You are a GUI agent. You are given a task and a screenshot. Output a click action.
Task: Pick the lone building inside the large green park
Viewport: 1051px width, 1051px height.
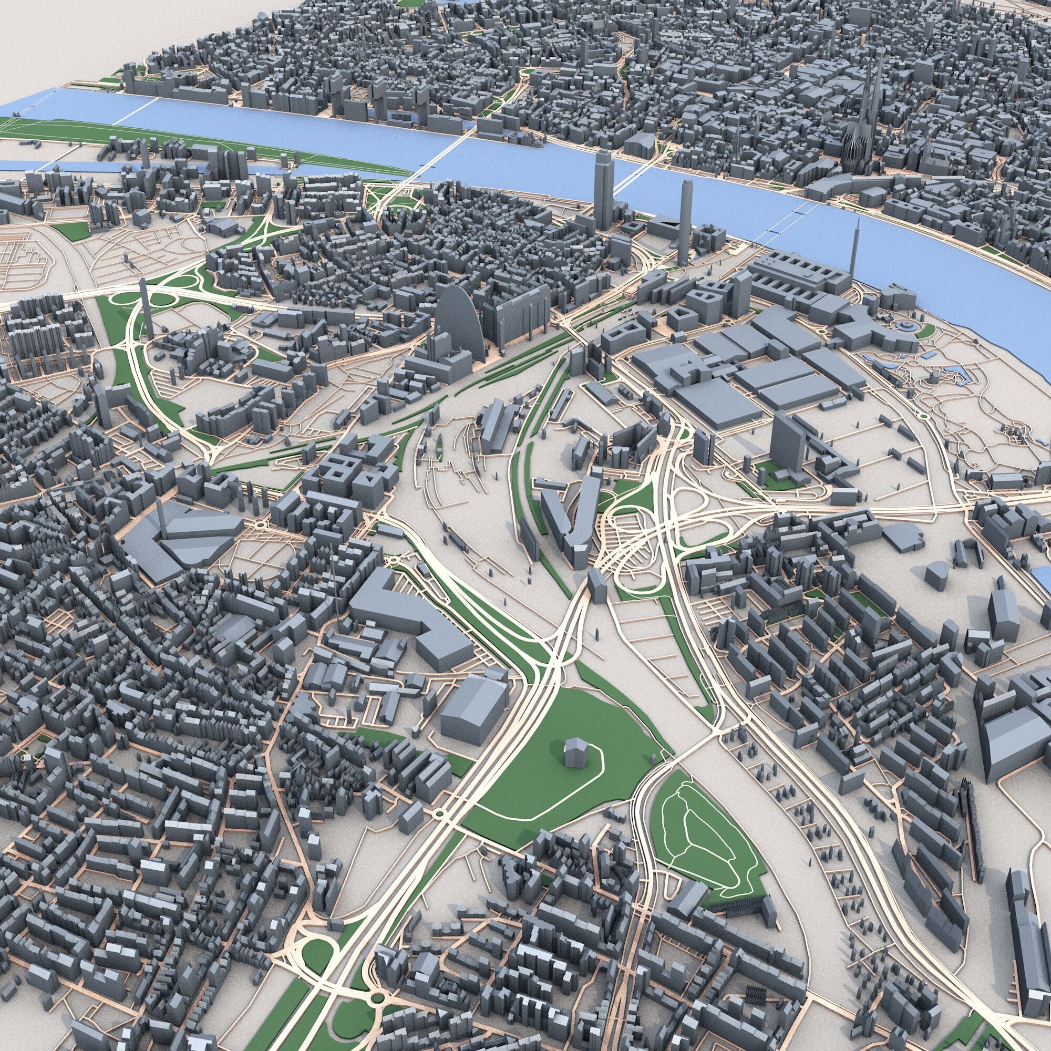click(x=574, y=752)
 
